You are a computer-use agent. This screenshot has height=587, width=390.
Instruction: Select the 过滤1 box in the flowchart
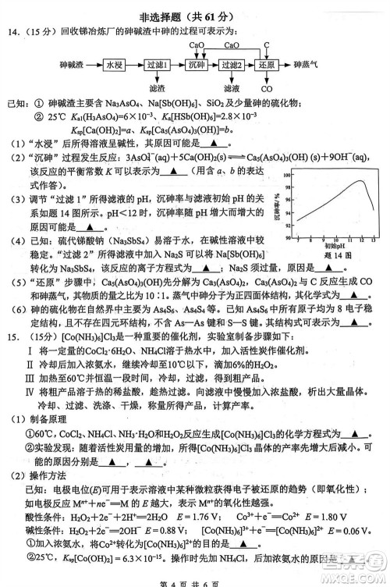point(157,66)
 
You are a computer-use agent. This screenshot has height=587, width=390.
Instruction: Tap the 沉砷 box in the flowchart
point(198,66)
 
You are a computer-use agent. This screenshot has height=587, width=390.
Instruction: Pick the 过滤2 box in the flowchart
point(232,66)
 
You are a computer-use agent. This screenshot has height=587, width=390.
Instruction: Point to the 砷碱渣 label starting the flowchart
point(72,66)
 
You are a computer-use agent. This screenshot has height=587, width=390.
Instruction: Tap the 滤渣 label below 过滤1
point(156,89)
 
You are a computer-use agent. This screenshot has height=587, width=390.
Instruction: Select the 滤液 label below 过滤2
point(232,89)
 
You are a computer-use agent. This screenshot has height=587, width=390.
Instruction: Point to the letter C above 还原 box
point(267,46)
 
